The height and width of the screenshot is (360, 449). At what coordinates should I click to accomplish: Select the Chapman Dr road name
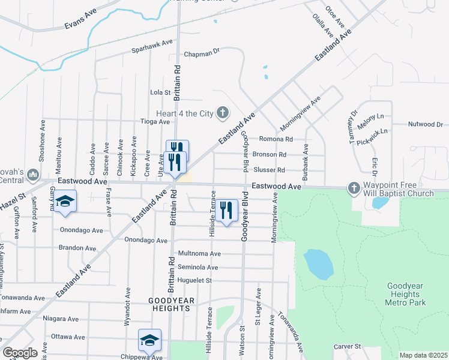202,52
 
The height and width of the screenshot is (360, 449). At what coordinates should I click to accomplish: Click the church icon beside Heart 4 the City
223,112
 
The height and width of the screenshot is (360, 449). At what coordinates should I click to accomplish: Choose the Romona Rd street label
276,139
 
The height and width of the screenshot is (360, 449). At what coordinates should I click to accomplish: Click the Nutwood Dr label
424,125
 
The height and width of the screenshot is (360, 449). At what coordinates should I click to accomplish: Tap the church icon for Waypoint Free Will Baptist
354,188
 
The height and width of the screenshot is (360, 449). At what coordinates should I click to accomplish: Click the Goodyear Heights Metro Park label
406,295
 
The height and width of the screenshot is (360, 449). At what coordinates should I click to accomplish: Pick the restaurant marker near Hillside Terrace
226,210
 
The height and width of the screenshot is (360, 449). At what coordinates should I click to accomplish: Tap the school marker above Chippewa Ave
149,340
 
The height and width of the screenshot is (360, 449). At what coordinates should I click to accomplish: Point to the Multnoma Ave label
199,254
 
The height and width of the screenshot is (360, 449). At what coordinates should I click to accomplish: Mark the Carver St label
346,347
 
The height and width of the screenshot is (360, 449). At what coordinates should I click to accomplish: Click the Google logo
20,353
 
